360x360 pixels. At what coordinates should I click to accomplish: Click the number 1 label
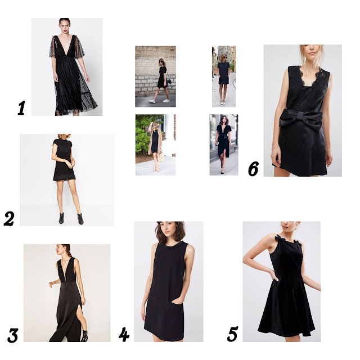pos(21,109)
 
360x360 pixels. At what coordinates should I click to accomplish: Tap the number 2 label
pos(9,219)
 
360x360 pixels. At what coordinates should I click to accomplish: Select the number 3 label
pos(12,335)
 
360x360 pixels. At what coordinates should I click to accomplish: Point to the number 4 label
pos(124,334)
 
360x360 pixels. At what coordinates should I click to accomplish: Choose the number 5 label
pos(232,334)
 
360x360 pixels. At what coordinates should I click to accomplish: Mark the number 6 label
pos(253,169)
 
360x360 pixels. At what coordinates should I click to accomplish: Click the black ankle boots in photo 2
pos(71,218)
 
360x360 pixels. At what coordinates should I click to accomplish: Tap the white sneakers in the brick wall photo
pos(159,101)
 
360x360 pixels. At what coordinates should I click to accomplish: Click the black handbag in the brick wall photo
pos(168,81)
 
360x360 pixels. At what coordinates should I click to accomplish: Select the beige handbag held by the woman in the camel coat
pos(161,156)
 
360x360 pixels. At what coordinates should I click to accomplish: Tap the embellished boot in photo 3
pos(84,336)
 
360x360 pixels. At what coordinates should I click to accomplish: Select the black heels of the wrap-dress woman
pos(222,171)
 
